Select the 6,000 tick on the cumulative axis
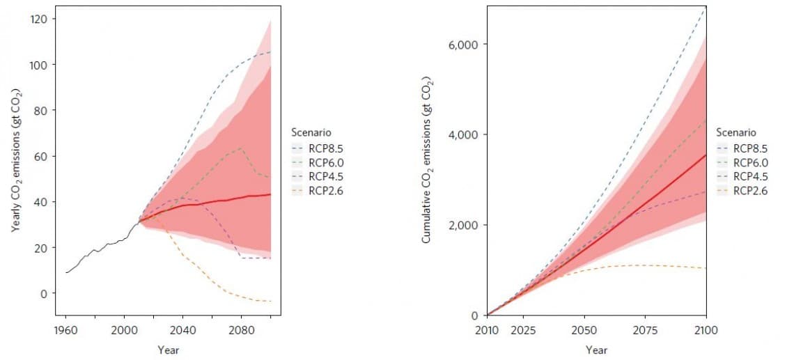462,45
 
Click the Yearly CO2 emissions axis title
15,160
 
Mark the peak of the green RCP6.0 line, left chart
240,148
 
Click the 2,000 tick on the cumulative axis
462,226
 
